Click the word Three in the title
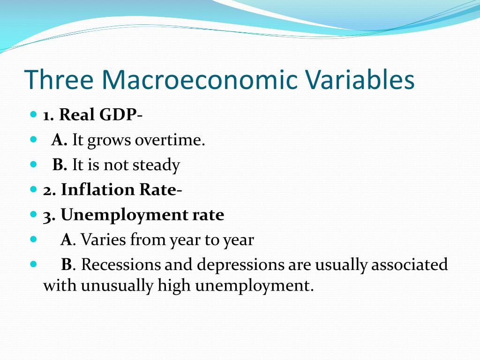(59, 79)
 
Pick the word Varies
(104, 240)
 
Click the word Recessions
(120, 264)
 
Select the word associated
(410, 264)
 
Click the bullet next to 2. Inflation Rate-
(33, 189)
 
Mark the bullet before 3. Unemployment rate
(33, 215)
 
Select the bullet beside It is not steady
(33, 165)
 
